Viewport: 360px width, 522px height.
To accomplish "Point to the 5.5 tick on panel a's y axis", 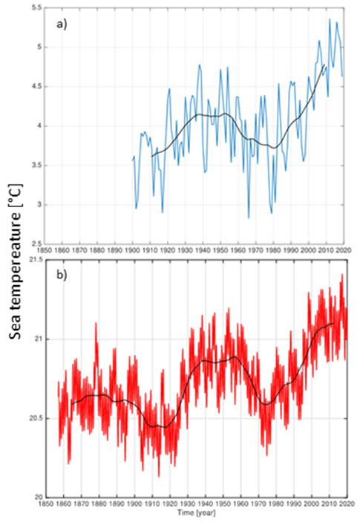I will tap(33, 7).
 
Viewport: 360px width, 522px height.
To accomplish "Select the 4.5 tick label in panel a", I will tap(33, 86).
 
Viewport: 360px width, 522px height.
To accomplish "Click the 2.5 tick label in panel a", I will tap(33, 244).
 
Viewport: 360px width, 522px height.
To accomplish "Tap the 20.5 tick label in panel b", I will tap(30, 418).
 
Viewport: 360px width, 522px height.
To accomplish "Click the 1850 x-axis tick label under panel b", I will tap(45, 506).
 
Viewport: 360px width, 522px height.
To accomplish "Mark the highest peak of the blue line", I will tap(330, 19).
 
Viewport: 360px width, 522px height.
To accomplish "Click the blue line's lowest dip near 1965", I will tap(249, 218).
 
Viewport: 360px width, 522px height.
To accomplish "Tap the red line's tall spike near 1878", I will tap(95, 323).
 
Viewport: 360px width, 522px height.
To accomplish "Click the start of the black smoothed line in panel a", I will tap(152, 156).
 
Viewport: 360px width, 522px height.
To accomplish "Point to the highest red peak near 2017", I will tap(342, 275).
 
